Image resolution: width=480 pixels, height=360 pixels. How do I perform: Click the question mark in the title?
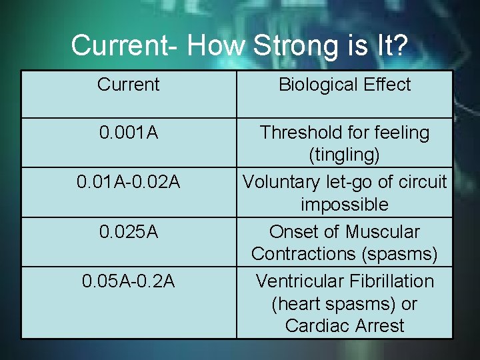[x=397, y=45]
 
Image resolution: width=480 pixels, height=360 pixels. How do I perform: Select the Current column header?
[x=128, y=85]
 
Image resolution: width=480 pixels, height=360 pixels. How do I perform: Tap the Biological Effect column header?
[x=345, y=85]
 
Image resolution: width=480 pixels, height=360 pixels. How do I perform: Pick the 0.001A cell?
[x=128, y=133]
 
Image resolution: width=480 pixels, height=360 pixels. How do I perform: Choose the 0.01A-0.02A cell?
[x=128, y=182]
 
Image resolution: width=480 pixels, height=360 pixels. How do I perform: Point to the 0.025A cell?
[x=128, y=232]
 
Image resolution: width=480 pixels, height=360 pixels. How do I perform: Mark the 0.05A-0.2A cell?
[x=128, y=281]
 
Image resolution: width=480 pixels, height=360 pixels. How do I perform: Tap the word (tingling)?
[x=345, y=155]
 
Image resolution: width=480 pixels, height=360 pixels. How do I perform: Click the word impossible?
[x=345, y=204]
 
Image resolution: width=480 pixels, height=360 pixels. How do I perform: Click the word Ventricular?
[x=298, y=281]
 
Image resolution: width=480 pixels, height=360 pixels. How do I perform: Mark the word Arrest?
[x=379, y=326]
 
